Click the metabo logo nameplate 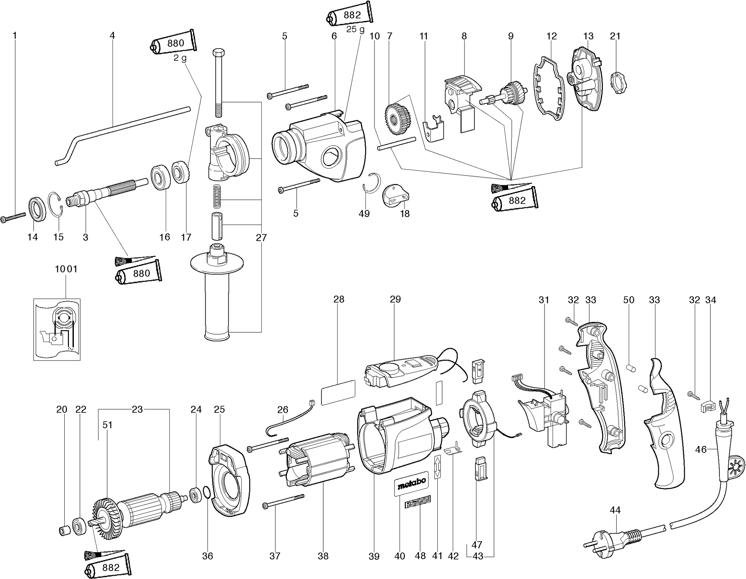click(x=411, y=483)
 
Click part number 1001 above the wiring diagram click(x=66, y=269)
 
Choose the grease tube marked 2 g click(x=174, y=43)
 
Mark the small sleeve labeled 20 click(x=64, y=531)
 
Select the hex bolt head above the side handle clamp click(x=218, y=54)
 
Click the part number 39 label click(x=374, y=556)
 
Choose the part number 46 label click(x=701, y=449)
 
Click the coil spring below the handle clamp click(x=217, y=196)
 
